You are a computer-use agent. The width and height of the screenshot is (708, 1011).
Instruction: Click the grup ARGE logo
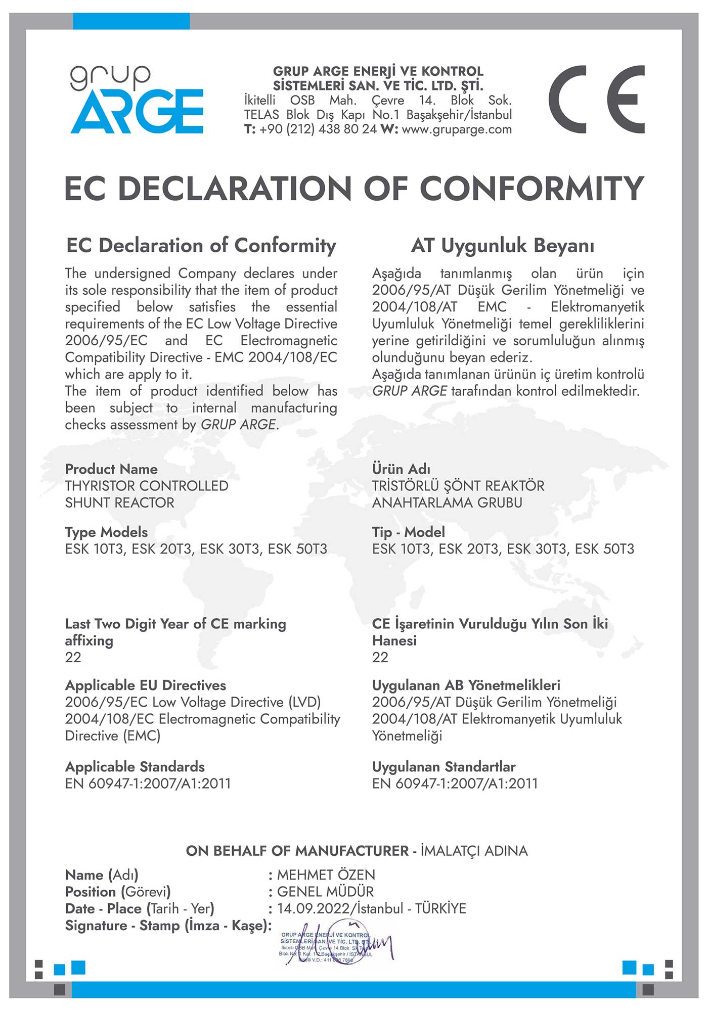pyautogui.click(x=137, y=100)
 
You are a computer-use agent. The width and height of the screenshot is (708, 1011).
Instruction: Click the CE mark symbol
pyautogui.click(x=597, y=100)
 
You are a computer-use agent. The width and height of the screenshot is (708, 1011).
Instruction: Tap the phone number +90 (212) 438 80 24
pyautogui.click(x=318, y=129)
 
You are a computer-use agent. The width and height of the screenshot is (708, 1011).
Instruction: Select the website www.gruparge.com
pyautogui.click(x=457, y=129)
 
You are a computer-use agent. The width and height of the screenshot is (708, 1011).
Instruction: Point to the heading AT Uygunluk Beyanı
pyautogui.click(x=503, y=246)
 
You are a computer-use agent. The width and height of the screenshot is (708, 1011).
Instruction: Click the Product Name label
pyautogui.click(x=111, y=469)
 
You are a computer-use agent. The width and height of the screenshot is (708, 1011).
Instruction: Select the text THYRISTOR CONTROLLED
pyautogui.click(x=147, y=486)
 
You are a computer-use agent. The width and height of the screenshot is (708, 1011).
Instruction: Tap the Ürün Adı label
pyautogui.click(x=401, y=469)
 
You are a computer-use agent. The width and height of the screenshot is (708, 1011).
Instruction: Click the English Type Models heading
pyautogui.click(x=106, y=532)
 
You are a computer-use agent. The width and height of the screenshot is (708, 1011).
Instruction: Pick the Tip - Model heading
pyautogui.click(x=409, y=532)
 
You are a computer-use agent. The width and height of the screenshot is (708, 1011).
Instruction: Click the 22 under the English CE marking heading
pyautogui.click(x=73, y=657)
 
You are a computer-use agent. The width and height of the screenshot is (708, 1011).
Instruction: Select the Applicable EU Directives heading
pyautogui.click(x=146, y=685)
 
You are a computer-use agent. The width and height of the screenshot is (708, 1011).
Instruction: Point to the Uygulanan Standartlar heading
pyautogui.click(x=444, y=767)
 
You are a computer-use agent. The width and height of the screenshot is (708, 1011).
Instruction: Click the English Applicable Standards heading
pyautogui.click(x=135, y=767)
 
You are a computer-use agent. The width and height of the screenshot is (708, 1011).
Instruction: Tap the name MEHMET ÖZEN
pyautogui.click(x=326, y=875)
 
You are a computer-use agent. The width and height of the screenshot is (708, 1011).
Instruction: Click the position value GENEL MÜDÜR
pyautogui.click(x=326, y=892)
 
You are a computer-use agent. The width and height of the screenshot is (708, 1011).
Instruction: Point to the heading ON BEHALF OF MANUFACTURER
pyautogui.click(x=297, y=851)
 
